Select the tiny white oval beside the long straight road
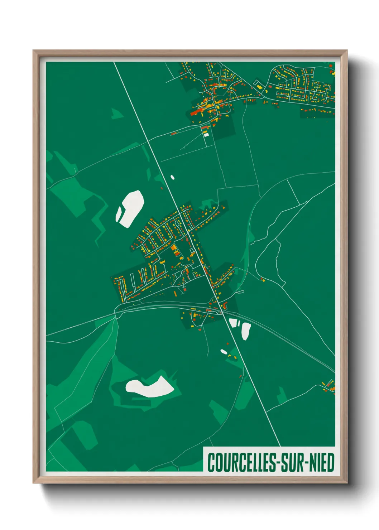(172, 177)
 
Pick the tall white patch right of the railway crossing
(246, 331)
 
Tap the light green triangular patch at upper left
(116, 114)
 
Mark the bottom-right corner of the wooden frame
(346, 482)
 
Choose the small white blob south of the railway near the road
(224, 352)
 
